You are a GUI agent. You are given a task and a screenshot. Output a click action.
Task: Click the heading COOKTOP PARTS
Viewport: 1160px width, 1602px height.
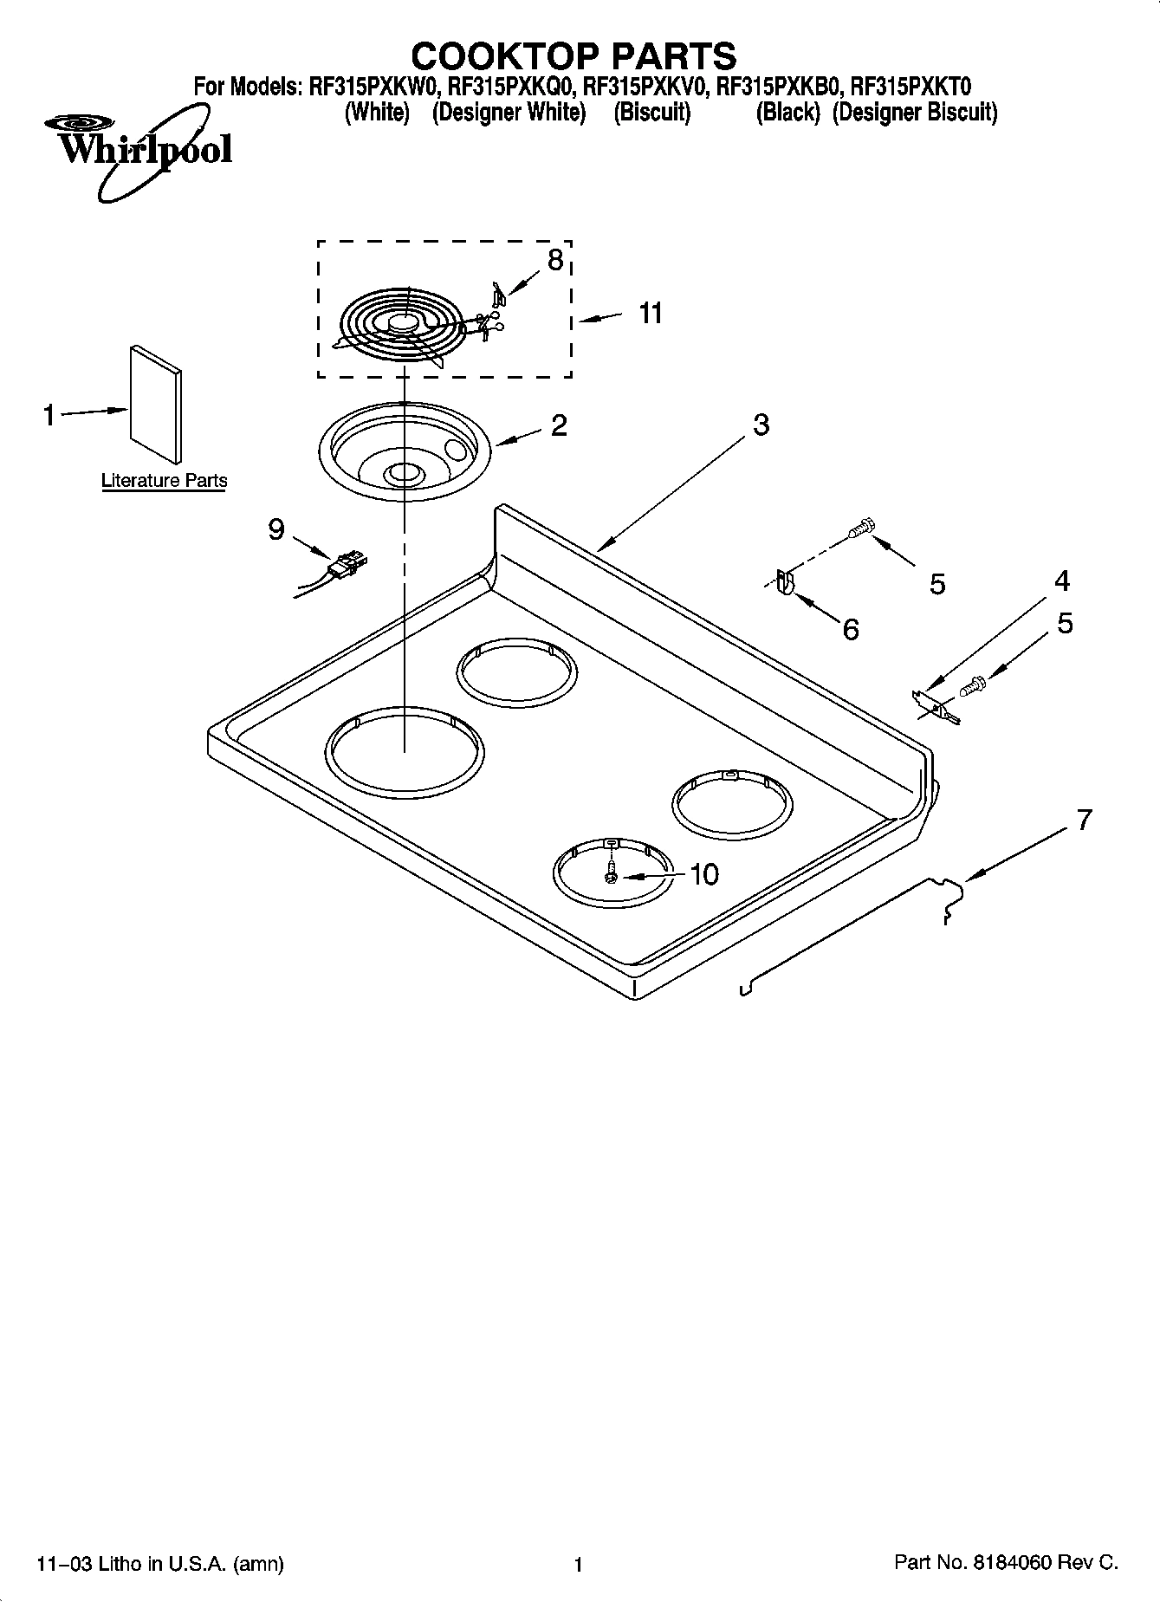click(574, 56)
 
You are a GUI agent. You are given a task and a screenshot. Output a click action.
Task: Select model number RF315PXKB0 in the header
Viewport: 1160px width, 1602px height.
click(778, 87)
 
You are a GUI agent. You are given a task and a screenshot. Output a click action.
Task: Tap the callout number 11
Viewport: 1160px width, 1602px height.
click(651, 313)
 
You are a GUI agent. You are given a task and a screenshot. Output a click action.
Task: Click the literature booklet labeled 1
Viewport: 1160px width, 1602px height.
click(156, 404)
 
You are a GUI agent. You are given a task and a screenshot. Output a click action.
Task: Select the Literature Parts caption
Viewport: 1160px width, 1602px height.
click(164, 481)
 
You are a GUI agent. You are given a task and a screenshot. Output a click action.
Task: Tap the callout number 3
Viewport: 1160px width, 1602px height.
click(760, 425)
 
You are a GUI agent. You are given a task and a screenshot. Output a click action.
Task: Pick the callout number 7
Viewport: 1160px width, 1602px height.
click(1084, 820)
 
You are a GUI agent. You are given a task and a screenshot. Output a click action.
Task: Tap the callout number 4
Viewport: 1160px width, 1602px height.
click(1061, 580)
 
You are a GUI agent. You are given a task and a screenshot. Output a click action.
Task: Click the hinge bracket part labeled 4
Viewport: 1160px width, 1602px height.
click(936, 704)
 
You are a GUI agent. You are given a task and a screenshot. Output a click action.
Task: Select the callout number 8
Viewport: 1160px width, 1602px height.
click(555, 259)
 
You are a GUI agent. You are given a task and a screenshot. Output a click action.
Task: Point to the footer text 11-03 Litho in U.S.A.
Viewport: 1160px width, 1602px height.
click(161, 1564)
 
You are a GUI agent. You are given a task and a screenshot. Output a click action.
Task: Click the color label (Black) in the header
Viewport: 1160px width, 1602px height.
click(787, 113)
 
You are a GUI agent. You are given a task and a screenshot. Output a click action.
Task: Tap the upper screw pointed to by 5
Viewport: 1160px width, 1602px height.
click(862, 527)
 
